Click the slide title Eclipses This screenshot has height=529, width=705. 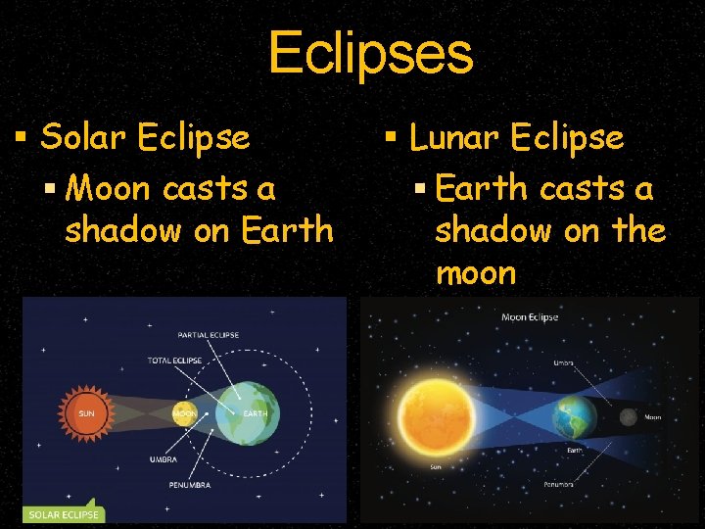pos(370,53)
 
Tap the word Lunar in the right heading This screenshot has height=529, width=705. pos(456,138)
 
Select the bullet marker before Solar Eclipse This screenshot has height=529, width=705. pos(20,138)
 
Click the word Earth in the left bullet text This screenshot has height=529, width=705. pos(287,230)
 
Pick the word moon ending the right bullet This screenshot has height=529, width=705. pos(475,272)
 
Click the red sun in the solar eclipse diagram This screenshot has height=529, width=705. pos(87,412)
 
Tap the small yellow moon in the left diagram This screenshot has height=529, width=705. pos(184,412)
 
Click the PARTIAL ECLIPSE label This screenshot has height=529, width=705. pos(209,336)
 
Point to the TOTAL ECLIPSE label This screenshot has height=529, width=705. pos(174,361)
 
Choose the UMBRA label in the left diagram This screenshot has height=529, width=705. pos(164,457)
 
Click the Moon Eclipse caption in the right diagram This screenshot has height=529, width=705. pos(529,317)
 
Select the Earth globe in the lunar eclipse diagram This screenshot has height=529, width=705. pos(574,417)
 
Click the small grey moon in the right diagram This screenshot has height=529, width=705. pos(628,418)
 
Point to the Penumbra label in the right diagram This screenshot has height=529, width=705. pos(559,484)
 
